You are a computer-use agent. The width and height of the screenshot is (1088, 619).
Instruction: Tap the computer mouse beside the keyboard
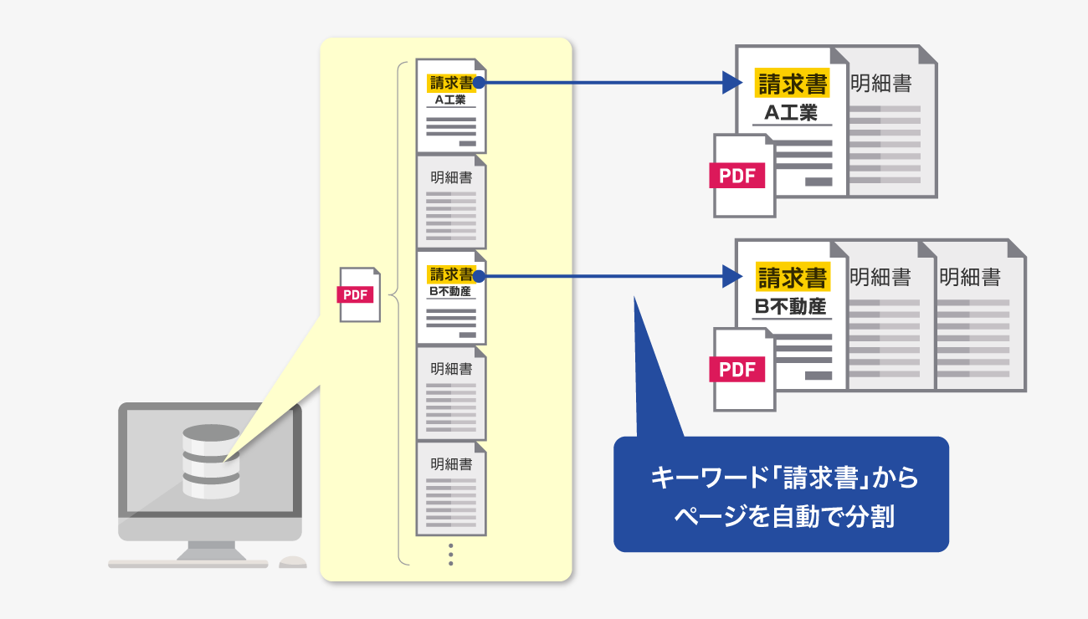pyautogui.click(x=292, y=562)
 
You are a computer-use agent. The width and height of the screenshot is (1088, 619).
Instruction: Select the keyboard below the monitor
pyautogui.click(x=188, y=564)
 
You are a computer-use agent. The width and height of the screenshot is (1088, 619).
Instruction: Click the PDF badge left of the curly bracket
pyautogui.click(x=355, y=294)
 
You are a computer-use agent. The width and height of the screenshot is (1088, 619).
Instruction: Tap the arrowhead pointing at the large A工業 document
pyautogui.click(x=732, y=83)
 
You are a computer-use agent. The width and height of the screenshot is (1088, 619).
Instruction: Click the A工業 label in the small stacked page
pyautogui.click(x=450, y=100)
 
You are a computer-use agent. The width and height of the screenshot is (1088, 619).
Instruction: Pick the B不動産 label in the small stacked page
pyautogui.click(x=450, y=292)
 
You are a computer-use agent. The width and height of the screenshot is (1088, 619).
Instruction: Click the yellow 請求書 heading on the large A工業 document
pyautogui.click(x=792, y=84)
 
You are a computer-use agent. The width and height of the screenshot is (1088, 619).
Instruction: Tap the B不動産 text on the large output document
pyautogui.click(x=791, y=306)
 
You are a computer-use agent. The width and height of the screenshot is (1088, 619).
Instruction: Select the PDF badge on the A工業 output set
pyautogui.click(x=737, y=175)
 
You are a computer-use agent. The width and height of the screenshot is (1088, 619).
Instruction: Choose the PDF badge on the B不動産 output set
pyautogui.click(x=737, y=369)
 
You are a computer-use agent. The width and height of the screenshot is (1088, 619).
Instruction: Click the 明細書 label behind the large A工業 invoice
pyautogui.click(x=880, y=84)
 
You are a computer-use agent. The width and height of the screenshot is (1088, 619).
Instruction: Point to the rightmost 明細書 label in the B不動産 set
pyautogui.click(x=970, y=277)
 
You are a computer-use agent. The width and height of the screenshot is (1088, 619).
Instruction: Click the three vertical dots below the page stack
pyautogui.click(x=450, y=555)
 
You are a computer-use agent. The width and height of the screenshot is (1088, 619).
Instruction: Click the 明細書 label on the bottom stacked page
pyautogui.click(x=451, y=464)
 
